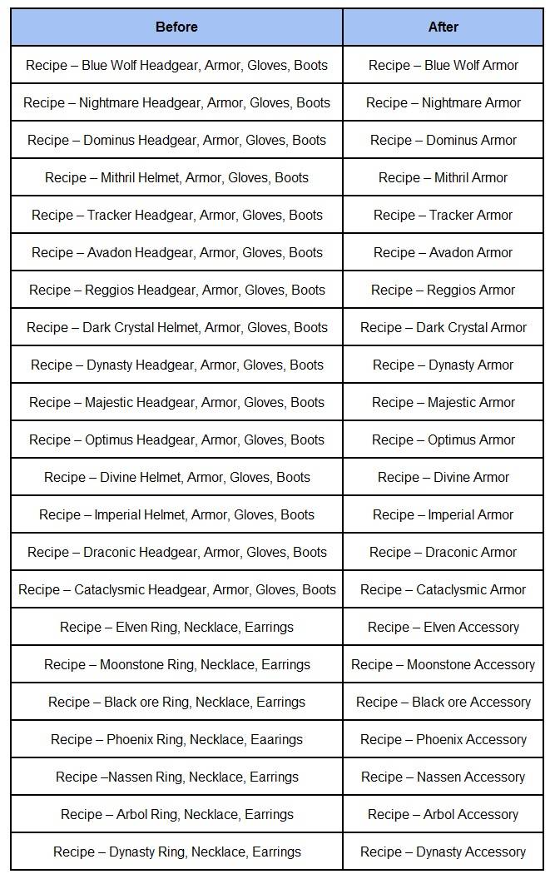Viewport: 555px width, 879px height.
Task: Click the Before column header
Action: (176, 27)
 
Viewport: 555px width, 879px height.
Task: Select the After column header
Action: (443, 27)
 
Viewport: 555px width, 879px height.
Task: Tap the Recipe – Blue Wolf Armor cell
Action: (443, 65)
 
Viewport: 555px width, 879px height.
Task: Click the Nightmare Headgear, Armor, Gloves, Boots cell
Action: (176, 102)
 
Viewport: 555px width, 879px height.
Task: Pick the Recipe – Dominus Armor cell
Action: (443, 140)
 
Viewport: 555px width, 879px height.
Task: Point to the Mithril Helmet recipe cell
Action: (176, 177)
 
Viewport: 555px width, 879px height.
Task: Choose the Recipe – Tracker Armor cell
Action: (443, 215)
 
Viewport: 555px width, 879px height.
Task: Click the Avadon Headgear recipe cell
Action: (176, 252)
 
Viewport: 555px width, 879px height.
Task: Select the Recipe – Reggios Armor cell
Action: (443, 290)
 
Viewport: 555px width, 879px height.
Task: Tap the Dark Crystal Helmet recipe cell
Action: (176, 327)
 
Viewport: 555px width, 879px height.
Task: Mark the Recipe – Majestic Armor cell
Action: (443, 402)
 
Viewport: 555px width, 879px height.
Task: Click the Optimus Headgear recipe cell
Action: (176, 439)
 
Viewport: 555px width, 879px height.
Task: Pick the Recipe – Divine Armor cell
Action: (443, 477)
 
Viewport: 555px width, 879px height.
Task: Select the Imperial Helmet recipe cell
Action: (176, 514)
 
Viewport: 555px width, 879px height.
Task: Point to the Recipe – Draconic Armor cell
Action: (443, 552)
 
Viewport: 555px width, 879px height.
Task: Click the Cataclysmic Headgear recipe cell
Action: (176, 589)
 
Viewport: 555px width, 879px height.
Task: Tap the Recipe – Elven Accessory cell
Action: (443, 627)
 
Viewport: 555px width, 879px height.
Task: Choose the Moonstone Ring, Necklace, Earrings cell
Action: (176, 664)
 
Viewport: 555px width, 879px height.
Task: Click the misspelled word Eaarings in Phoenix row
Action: (277, 739)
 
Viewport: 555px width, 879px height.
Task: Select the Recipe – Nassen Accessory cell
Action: (443, 777)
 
